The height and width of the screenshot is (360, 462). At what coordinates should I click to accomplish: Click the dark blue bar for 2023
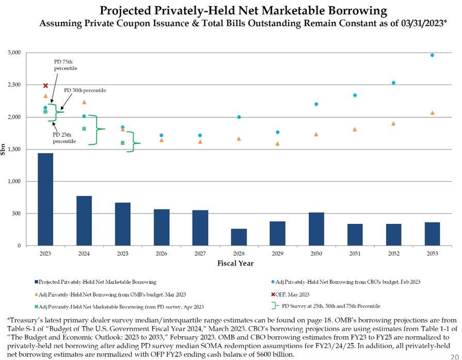point(45,199)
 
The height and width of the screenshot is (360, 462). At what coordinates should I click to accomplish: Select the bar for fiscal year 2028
point(239,237)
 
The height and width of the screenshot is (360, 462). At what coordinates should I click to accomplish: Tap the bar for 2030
point(316,229)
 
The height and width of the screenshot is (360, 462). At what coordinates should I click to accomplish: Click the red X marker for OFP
point(45,86)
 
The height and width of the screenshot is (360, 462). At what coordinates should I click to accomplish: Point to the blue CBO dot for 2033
point(432,55)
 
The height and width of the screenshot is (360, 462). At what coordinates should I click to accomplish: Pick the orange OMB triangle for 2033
point(432,113)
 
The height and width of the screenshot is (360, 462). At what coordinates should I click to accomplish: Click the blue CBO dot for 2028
point(239,117)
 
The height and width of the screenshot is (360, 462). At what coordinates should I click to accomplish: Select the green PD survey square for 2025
point(123,143)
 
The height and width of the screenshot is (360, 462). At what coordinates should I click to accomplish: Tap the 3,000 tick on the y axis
point(27,53)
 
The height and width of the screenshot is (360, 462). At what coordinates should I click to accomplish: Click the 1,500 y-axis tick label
point(27,150)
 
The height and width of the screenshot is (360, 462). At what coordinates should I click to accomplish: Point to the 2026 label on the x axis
point(162,254)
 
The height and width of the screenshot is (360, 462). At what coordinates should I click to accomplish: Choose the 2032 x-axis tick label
point(393,254)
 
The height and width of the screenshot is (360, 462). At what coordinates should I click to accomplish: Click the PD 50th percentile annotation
point(85,90)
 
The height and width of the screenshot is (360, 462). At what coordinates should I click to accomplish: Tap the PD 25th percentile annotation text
point(65,138)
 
